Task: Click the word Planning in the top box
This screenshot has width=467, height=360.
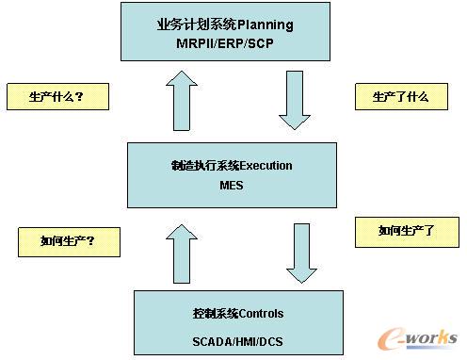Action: pos(266,25)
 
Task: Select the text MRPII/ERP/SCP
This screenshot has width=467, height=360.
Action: pos(225,43)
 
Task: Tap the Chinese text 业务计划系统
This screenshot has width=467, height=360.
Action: pos(197,25)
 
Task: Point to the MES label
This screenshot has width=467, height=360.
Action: pos(232,186)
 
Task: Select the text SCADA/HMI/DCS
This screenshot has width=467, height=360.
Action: pos(237,341)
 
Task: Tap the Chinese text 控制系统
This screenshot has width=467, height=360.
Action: pos(216,314)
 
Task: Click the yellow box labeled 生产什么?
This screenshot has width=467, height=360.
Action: pos(58,96)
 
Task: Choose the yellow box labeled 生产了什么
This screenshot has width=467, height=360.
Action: pos(401,96)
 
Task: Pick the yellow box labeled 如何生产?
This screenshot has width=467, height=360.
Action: pos(69,242)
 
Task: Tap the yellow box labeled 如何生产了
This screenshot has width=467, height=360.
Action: pos(407,232)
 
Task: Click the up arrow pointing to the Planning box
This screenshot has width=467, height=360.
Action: pos(182,101)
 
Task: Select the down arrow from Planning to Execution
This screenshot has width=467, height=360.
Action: pos(295,101)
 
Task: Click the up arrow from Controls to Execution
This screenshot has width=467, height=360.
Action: pos(182,254)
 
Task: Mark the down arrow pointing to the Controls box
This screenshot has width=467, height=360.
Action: pos(302,254)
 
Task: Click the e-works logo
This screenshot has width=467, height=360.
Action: pos(417,338)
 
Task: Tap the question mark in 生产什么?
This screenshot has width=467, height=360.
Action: pos(79,96)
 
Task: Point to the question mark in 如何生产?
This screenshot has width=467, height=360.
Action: pos(90,241)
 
